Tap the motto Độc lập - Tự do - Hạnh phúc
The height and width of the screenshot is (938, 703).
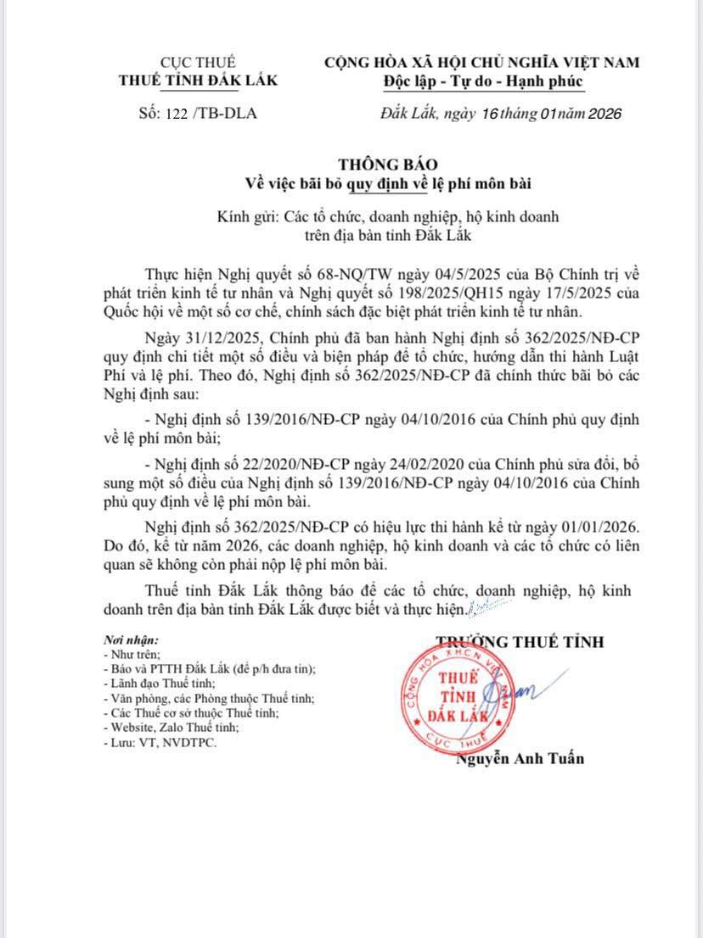[482, 81]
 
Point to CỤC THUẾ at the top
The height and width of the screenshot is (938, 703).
[198, 62]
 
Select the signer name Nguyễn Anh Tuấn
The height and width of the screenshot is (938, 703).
[520, 758]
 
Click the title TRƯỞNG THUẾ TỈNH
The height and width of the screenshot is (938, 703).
[520, 641]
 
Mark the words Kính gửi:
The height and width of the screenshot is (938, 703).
[246, 216]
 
